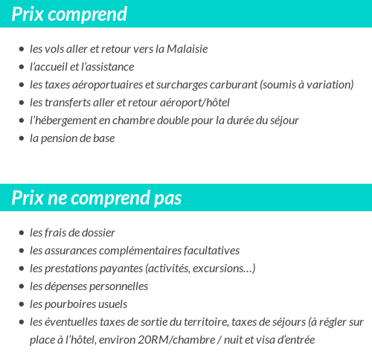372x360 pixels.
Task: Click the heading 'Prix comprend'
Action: pyautogui.click(x=69, y=14)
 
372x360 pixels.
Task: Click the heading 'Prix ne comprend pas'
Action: pyautogui.click(x=97, y=198)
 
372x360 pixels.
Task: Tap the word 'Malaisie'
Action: pyautogui.click(x=185, y=49)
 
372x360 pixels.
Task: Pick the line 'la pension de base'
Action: pyautogui.click(x=72, y=138)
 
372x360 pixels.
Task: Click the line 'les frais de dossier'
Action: pyautogui.click(x=72, y=233)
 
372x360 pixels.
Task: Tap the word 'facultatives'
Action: pyautogui.click(x=209, y=251)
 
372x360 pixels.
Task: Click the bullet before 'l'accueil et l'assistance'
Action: pyautogui.click(x=21, y=67)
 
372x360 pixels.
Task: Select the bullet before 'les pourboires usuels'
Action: pyautogui.click(x=21, y=304)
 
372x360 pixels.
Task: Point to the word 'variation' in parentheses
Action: pyautogui.click(x=329, y=85)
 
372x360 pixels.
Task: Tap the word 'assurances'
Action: pyautogui.click(x=72, y=251)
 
